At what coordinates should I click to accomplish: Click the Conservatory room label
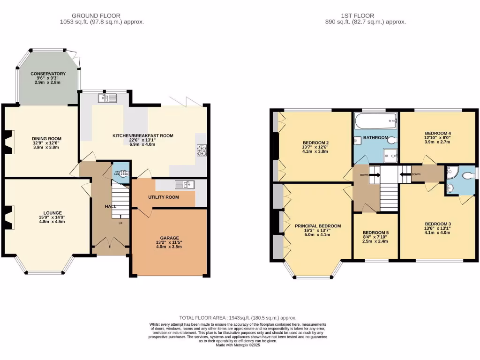tap(48, 74)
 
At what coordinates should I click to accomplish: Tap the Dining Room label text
tap(47, 138)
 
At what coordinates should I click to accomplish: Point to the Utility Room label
tap(164, 197)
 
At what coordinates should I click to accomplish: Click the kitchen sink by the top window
tap(107, 98)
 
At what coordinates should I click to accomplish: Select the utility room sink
tap(184, 184)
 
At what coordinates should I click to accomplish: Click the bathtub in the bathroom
tap(375, 123)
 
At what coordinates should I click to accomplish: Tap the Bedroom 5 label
tap(375, 232)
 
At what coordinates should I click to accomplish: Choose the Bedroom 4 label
tap(437, 133)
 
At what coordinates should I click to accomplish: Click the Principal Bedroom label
tap(318, 226)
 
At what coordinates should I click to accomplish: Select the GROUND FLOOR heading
tap(101, 15)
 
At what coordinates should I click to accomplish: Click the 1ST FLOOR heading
tap(365, 15)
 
